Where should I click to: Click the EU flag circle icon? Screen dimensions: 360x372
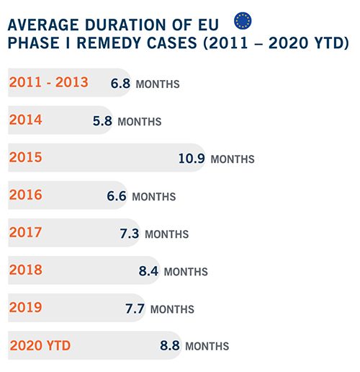click(243, 21)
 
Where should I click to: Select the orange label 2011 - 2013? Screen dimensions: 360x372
click(49, 82)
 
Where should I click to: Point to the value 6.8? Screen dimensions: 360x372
click(120, 84)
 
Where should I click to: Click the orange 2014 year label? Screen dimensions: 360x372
click(26, 120)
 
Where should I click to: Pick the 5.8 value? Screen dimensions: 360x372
click(102, 121)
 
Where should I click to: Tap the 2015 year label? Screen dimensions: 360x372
click(26, 157)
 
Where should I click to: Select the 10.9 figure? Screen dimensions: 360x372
click(192, 159)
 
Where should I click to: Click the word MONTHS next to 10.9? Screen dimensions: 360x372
click(233, 159)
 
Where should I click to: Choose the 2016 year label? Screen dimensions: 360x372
click(26, 195)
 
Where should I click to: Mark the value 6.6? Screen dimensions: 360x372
click(117, 196)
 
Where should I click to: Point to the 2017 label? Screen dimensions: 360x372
click(26, 232)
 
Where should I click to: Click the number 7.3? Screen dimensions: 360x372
click(130, 234)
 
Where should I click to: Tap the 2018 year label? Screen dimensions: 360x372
click(26, 270)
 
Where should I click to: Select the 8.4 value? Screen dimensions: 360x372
click(148, 271)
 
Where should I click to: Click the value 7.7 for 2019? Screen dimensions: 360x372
click(135, 309)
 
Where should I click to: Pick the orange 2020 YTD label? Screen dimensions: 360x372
click(40, 345)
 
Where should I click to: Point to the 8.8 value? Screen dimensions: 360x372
click(170, 345)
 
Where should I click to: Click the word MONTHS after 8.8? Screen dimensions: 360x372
click(207, 346)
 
